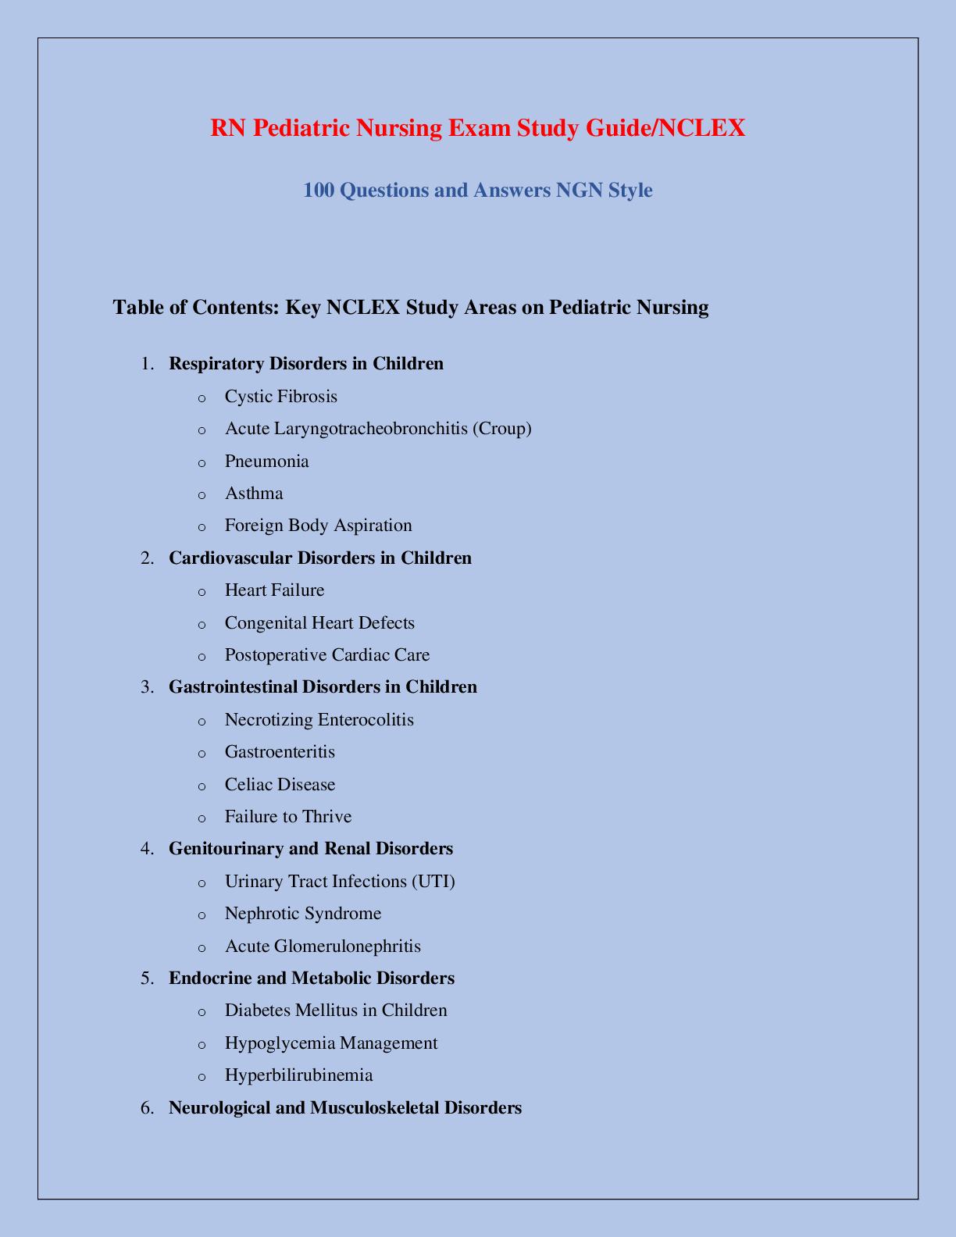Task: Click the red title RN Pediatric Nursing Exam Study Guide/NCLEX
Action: (x=477, y=128)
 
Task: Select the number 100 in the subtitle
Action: (x=318, y=191)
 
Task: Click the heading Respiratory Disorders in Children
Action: (x=306, y=363)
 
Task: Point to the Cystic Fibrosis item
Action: (x=280, y=397)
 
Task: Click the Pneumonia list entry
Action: (x=266, y=462)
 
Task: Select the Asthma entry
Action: (x=254, y=494)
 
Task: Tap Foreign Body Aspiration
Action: (x=318, y=526)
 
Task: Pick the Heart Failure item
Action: (x=274, y=590)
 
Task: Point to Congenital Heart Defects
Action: (x=319, y=623)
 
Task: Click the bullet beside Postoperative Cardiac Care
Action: (x=202, y=656)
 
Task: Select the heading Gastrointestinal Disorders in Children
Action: (x=323, y=687)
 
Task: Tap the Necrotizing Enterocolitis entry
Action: (x=319, y=720)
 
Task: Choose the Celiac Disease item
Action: (x=280, y=785)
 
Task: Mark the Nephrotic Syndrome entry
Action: (x=303, y=914)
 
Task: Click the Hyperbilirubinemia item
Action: (x=298, y=1075)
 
